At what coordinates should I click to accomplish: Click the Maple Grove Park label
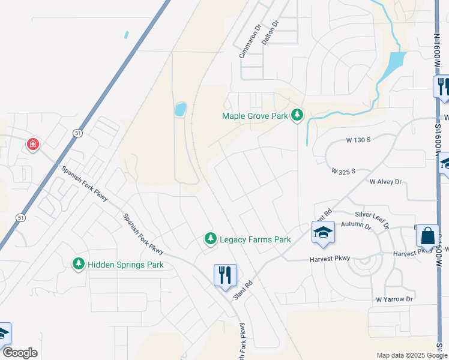tap(255, 116)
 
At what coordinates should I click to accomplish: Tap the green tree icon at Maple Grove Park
tap(297, 115)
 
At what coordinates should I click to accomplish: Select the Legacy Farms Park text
tap(255, 239)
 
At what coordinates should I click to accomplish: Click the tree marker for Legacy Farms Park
tap(210, 239)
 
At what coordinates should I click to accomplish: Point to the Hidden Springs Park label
tap(125, 264)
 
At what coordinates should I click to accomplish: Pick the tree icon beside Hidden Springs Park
tap(78, 263)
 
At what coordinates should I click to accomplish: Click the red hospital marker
tap(32, 144)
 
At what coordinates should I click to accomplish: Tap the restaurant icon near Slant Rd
tap(225, 275)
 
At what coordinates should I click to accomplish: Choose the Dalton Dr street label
tap(271, 32)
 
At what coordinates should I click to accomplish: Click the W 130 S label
tap(358, 140)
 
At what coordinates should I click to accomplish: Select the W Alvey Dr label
tap(385, 181)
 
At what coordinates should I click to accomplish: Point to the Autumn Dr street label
tap(356, 225)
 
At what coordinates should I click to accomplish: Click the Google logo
tap(20, 353)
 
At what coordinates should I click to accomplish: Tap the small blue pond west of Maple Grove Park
tap(180, 109)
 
